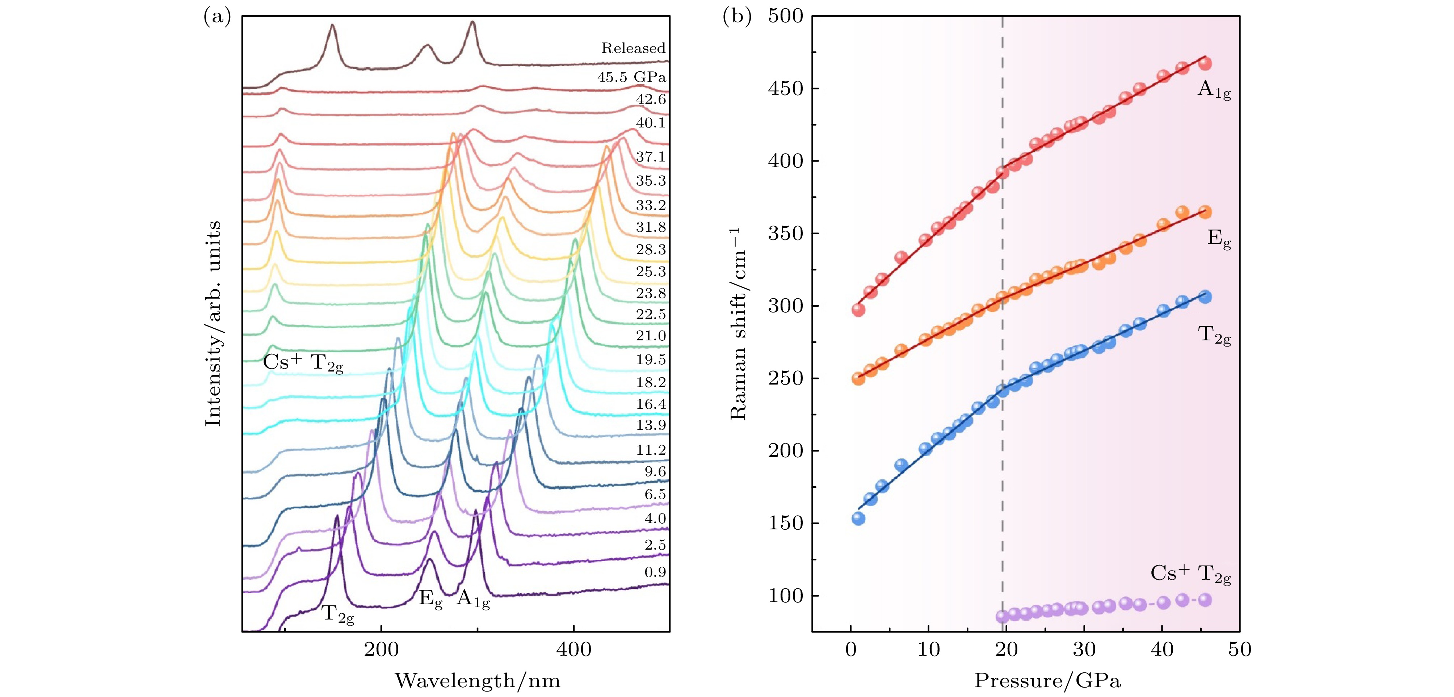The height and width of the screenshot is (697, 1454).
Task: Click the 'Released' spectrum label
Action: click(633, 48)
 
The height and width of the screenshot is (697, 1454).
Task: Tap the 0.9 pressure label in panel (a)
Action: click(655, 572)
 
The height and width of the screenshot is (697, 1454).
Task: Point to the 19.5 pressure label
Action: click(651, 360)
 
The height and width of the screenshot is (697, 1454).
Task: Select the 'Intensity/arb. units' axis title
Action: click(213, 323)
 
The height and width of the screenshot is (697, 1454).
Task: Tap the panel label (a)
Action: click(217, 17)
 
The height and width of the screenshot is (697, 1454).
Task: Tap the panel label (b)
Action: click(737, 17)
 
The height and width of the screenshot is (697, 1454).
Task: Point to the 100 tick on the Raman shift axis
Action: click(785, 596)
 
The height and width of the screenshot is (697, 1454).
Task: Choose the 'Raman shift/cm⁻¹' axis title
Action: click(738, 323)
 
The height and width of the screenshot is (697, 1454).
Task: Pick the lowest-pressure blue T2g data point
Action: click(858, 518)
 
